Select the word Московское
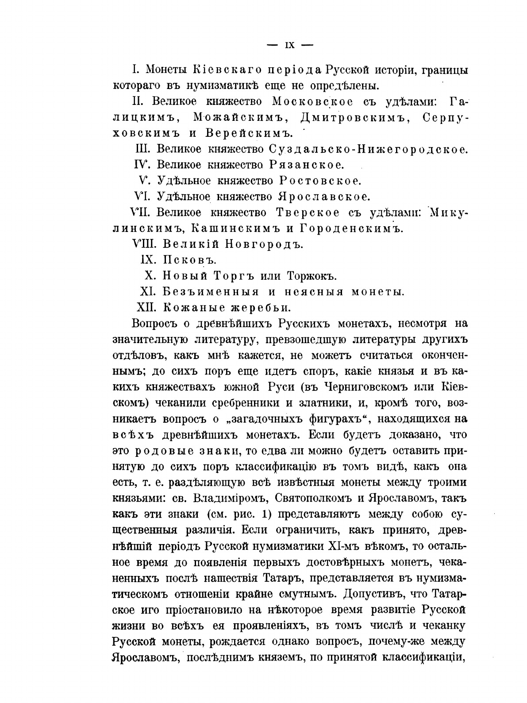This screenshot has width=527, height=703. (312, 101)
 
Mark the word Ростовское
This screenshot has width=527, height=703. (320, 181)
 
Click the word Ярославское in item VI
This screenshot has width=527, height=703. (323, 197)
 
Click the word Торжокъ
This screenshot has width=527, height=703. (312, 276)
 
